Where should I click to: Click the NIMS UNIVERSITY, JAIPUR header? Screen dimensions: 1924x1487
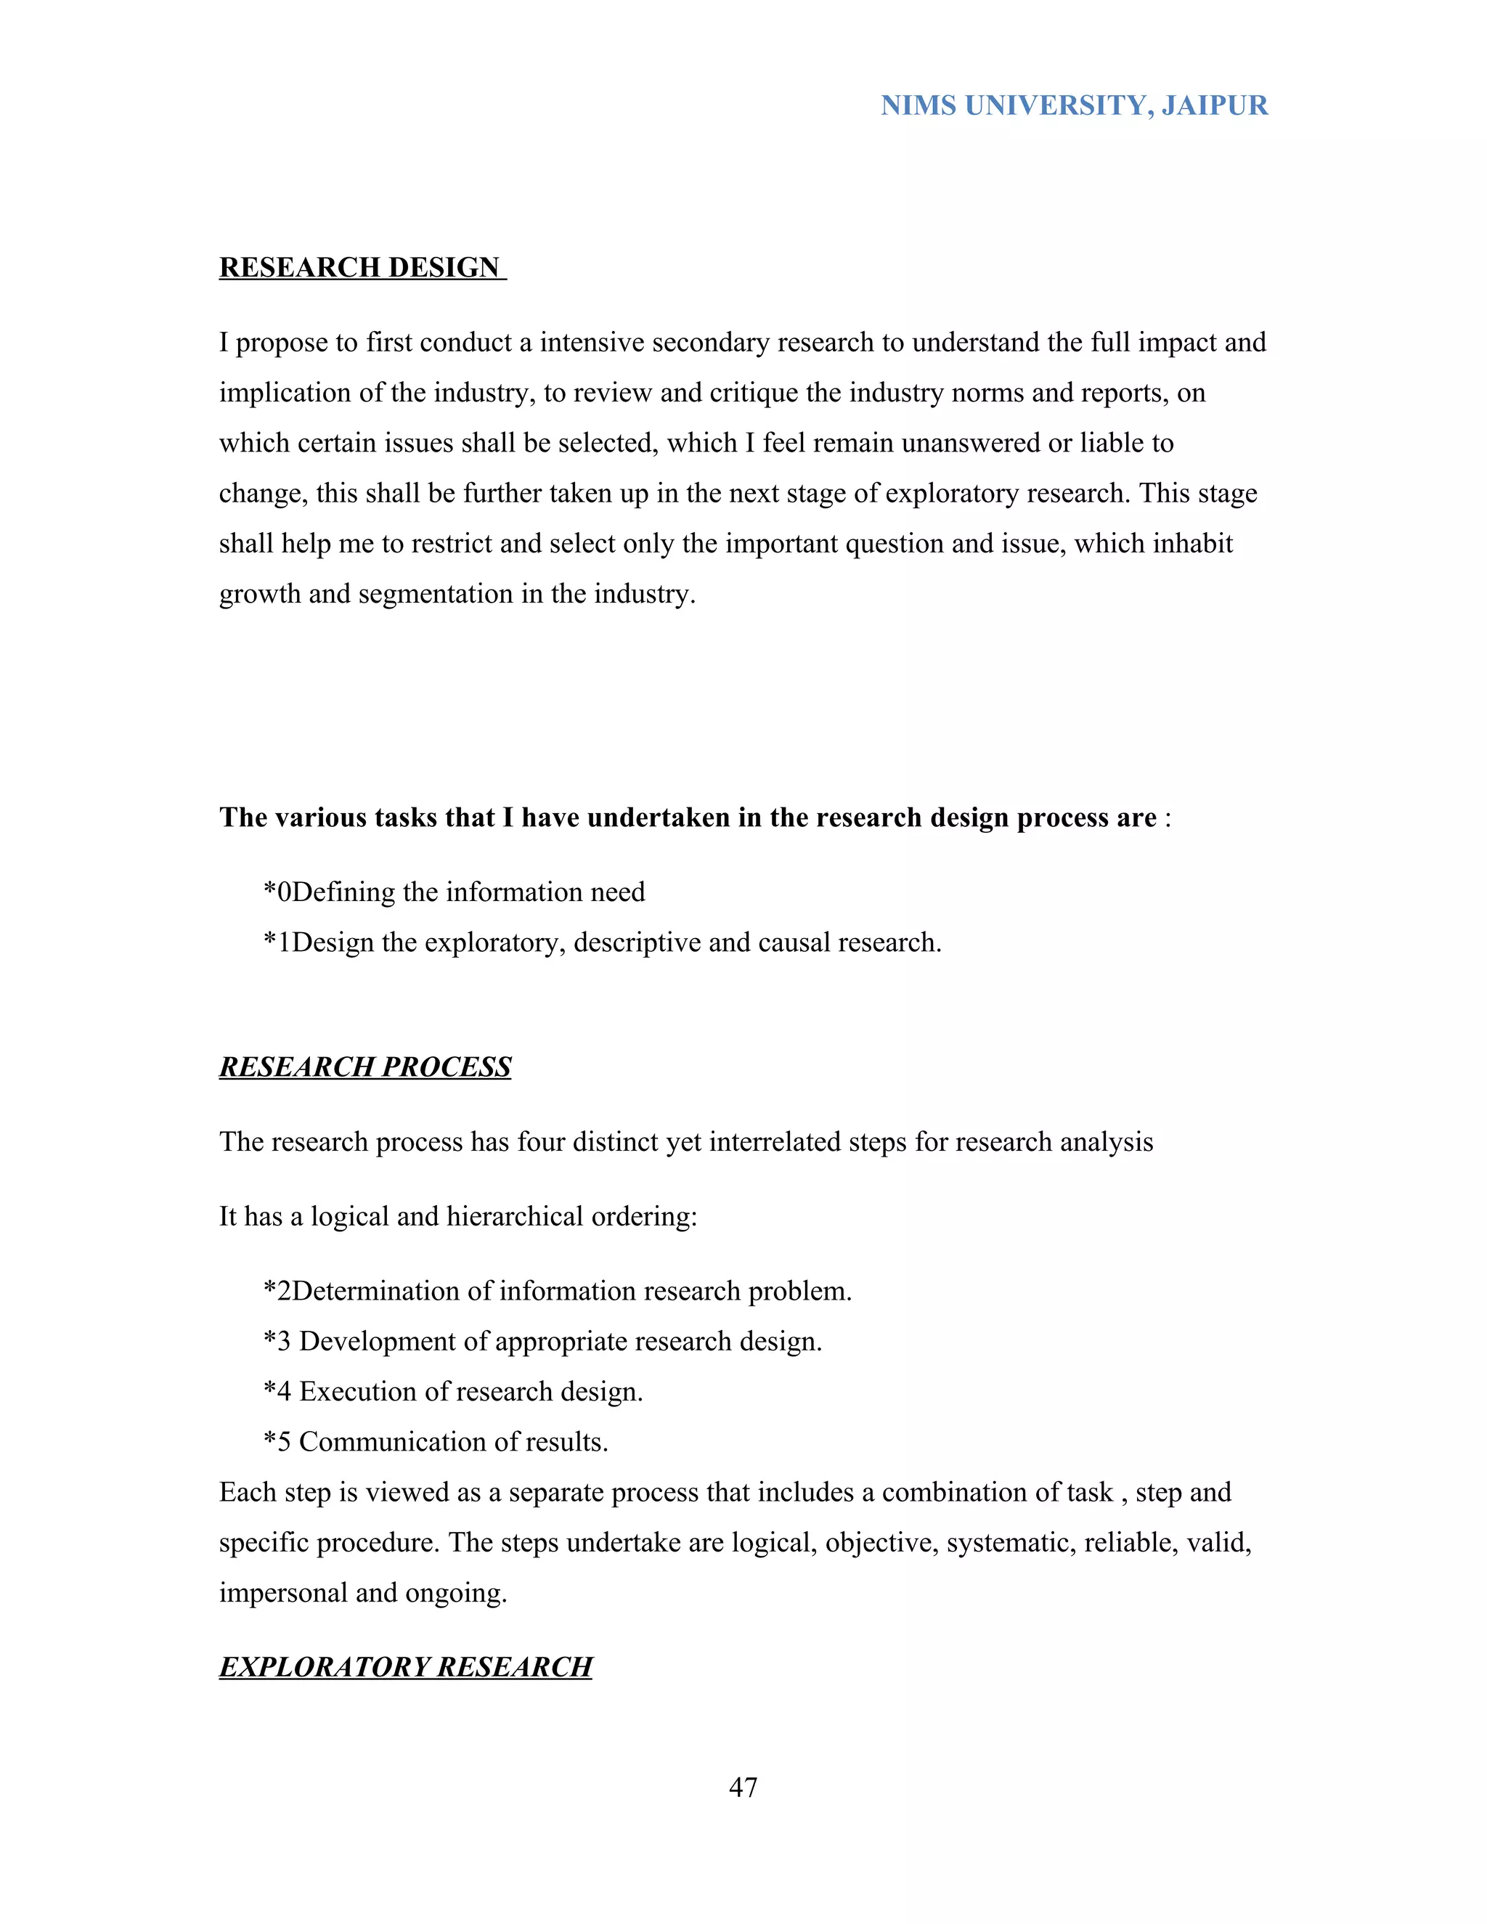tap(1074, 106)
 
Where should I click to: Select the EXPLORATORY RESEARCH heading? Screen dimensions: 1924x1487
tap(405, 1667)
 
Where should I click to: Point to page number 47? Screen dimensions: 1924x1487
tap(743, 1788)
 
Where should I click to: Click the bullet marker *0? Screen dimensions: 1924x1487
tap(277, 892)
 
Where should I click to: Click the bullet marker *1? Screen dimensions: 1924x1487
tap(277, 942)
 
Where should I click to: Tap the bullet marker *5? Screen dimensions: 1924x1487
tap(277, 1442)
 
